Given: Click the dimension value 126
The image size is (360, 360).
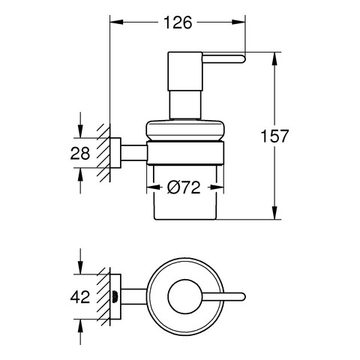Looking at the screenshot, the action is (x=178, y=22).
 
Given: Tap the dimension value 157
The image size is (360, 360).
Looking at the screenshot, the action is (x=274, y=136).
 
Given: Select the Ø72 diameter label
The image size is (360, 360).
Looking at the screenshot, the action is (x=184, y=187).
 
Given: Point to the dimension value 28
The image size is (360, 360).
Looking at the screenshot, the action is (x=80, y=153).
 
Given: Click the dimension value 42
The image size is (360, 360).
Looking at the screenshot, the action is (x=80, y=297).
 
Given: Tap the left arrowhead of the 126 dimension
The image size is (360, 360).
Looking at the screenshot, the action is (x=116, y=22).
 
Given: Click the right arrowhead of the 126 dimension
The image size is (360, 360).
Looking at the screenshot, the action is (x=238, y=22).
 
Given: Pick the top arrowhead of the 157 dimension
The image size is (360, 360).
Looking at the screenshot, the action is (x=274, y=59).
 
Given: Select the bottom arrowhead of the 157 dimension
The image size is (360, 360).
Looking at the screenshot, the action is (x=274, y=213).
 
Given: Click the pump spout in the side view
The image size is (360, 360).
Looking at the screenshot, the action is (x=223, y=58).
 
